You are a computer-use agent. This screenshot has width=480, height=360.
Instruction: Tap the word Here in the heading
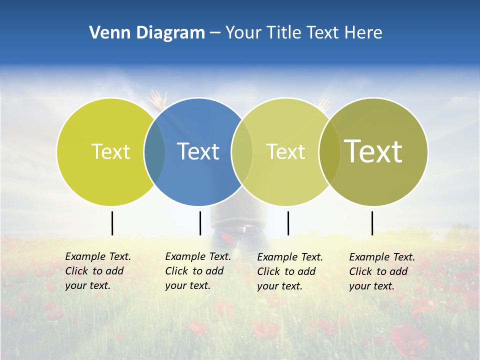(x=363, y=32)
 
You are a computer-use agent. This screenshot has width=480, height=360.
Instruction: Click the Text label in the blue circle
(x=198, y=151)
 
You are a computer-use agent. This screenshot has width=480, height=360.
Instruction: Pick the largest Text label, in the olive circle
(x=373, y=151)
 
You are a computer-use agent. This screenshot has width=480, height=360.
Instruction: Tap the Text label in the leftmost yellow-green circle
(x=110, y=151)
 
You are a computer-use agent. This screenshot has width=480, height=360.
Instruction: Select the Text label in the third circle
(x=285, y=151)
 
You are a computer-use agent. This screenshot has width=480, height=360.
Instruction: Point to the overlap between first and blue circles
(x=154, y=151)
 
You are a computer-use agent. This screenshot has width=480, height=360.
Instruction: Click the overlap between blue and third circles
(x=242, y=151)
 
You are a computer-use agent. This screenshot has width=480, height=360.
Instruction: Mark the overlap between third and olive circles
(x=329, y=151)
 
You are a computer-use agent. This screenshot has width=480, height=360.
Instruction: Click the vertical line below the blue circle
(x=200, y=223)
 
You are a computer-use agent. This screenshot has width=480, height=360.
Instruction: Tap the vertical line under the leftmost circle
(x=112, y=223)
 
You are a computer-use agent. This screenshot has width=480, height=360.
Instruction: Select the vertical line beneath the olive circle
(x=372, y=223)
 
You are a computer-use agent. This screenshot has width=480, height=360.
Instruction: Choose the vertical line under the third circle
(x=288, y=223)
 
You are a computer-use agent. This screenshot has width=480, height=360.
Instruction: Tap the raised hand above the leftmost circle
(x=158, y=98)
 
